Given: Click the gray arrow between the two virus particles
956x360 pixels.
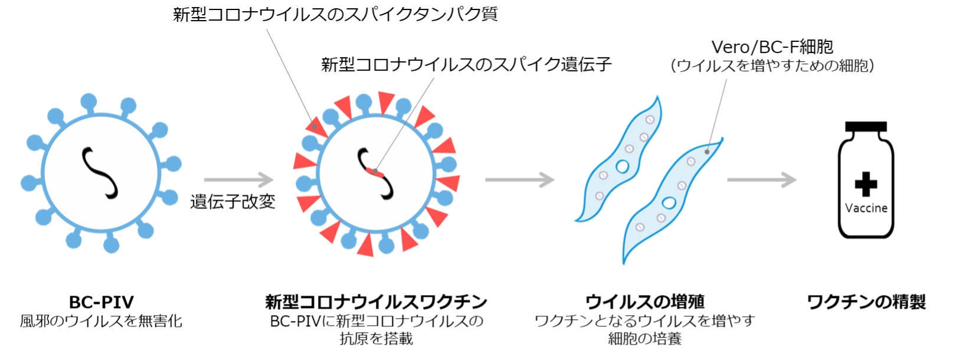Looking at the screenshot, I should click(x=239, y=179).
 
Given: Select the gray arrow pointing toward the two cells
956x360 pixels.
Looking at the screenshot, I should click(x=520, y=179).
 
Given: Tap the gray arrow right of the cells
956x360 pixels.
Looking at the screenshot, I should click(x=762, y=179).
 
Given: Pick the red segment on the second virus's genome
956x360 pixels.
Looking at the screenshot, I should click(x=375, y=172).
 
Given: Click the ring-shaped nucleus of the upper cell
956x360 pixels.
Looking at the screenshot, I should click(x=622, y=166).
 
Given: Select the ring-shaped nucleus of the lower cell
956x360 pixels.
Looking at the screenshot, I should click(x=669, y=203).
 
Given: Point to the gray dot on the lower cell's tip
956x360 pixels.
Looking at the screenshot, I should click(x=707, y=152).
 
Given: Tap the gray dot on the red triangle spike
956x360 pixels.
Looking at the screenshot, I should click(x=315, y=126).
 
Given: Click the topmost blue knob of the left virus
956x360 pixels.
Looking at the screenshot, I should click(x=89, y=101).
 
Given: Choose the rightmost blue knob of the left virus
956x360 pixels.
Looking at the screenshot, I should click(x=173, y=163).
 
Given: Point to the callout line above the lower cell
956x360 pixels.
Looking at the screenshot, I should click(x=718, y=112).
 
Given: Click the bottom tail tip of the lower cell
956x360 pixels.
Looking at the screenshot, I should click(x=624, y=263).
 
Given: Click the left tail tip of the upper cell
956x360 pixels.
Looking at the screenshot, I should click(x=575, y=221).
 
